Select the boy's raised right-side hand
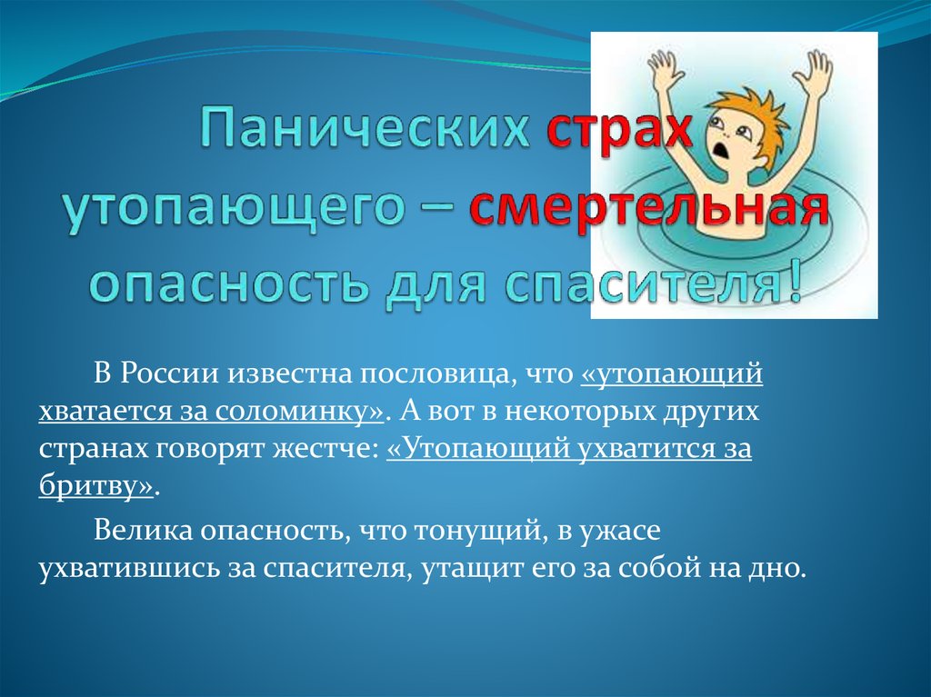(817, 68)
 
